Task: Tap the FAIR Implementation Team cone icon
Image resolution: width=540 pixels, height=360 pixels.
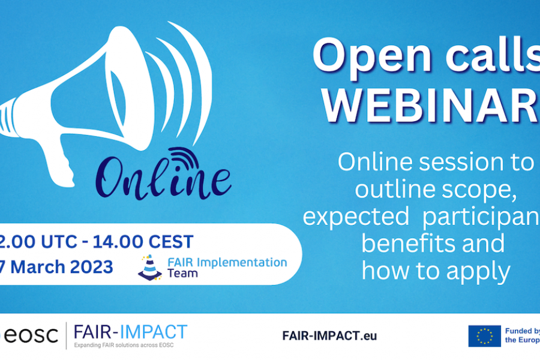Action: [149, 267]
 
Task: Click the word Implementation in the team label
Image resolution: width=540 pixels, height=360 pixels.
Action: [240, 262]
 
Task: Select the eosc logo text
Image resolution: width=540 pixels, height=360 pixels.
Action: [30, 336]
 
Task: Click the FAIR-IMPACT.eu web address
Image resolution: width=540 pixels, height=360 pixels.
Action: [329, 335]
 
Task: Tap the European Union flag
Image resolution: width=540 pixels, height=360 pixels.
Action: [484, 336]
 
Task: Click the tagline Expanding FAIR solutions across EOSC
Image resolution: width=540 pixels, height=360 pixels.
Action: [130, 346]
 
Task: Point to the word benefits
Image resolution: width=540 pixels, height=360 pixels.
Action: [432, 244]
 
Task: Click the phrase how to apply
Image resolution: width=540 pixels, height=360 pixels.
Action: [436, 271]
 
